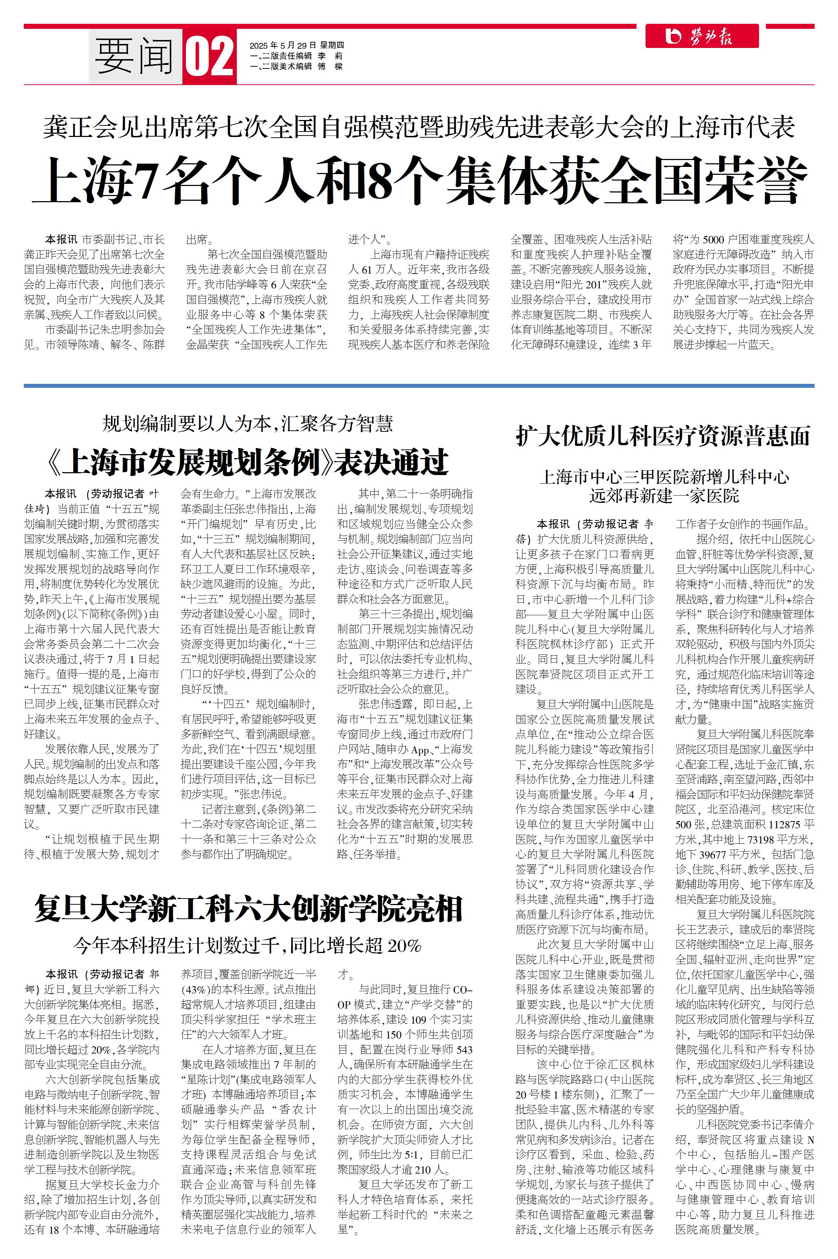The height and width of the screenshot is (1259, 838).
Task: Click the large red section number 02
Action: pyautogui.click(x=209, y=57)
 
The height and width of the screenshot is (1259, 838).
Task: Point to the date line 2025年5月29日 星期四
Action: pyautogui.click(x=297, y=45)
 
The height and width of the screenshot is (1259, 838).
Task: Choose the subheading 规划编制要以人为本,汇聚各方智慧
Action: pyautogui.click(x=248, y=424)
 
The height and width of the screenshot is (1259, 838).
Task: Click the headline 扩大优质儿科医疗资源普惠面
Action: pyautogui.click(x=663, y=436)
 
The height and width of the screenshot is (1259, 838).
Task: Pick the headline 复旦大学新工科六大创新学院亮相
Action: pyautogui.click(x=248, y=909)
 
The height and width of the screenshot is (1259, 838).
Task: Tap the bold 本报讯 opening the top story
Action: pyautogui.click(x=61, y=239)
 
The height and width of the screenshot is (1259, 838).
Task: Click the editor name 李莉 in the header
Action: pyautogui.click(x=330, y=56)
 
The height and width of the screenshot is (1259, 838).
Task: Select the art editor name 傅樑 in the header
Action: pyautogui.click(x=330, y=66)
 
